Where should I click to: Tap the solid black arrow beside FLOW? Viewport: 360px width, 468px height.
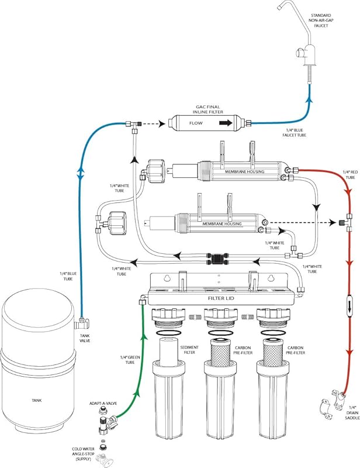[x=226, y=123]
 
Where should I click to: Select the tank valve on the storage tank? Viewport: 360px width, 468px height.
[x=82, y=322]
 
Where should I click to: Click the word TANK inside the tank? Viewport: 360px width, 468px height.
[x=37, y=400]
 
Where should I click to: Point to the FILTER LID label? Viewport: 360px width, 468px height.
[x=221, y=298]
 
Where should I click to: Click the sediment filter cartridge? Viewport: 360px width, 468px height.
[x=169, y=352]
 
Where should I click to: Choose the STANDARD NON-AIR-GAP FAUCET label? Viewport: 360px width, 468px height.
[x=321, y=20]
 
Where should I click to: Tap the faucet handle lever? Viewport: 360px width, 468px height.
[x=299, y=54]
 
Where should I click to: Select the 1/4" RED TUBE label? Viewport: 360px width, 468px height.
[x=350, y=174]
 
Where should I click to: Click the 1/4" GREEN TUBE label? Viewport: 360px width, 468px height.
[x=130, y=360]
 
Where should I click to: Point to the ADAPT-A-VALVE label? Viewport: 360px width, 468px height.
[x=103, y=403]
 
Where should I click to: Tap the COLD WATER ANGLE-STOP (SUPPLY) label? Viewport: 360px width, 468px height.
[x=83, y=454]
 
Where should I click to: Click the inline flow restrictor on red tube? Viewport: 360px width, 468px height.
[x=349, y=305]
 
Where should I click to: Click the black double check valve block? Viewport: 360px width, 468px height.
[x=218, y=259]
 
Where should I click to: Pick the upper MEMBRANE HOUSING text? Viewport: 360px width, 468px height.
[x=244, y=171]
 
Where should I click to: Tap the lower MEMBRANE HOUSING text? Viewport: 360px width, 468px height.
[x=222, y=223]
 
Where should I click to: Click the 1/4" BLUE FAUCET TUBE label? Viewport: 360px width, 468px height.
[x=294, y=133]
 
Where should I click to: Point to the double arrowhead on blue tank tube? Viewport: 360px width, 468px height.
[x=81, y=174]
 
